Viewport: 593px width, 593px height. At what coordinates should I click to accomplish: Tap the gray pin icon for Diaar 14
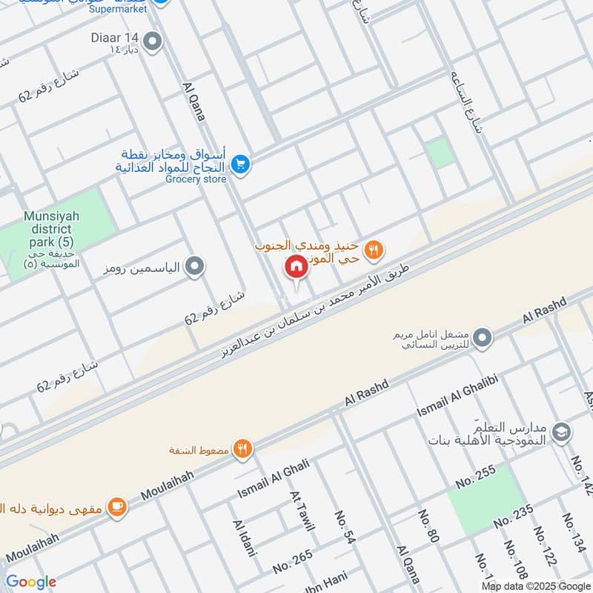[153, 42]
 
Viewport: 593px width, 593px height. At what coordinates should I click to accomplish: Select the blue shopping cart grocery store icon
[239, 165]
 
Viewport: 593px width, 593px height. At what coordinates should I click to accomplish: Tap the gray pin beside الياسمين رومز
[194, 265]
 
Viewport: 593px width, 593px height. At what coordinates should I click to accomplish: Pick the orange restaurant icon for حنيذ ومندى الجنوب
[374, 251]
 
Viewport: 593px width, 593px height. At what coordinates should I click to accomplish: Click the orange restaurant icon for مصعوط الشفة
[242, 448]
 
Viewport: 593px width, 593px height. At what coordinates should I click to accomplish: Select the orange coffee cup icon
[116, 507]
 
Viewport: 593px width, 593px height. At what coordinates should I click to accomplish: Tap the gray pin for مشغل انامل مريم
[483, 338]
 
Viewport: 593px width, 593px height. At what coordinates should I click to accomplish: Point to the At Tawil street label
[302, 512]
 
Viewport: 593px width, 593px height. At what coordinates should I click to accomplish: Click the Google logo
[31, 582]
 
